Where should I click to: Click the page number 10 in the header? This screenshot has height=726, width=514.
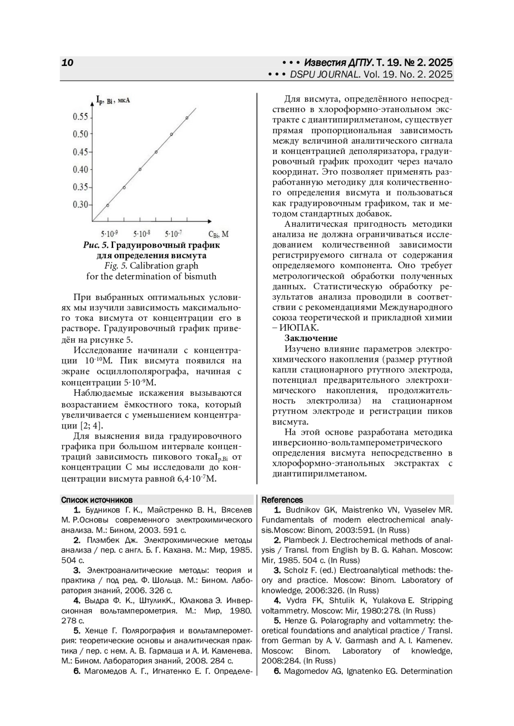point(68,62)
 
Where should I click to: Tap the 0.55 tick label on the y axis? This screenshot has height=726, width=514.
point(80,117)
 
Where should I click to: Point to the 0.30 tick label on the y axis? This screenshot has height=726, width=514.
point(80,204)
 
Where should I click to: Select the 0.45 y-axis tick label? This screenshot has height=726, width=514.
point(80,152)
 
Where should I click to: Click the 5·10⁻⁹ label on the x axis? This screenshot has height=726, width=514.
point(109,234)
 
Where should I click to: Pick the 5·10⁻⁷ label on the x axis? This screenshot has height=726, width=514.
point(173,234)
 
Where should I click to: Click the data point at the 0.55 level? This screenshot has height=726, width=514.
point(187,118)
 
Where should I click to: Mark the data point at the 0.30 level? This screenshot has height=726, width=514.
point(108,205)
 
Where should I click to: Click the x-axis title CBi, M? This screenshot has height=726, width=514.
point(218,234)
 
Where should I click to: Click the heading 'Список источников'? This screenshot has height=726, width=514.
point(97,500)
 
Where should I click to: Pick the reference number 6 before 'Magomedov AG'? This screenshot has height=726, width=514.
point(277,671)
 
